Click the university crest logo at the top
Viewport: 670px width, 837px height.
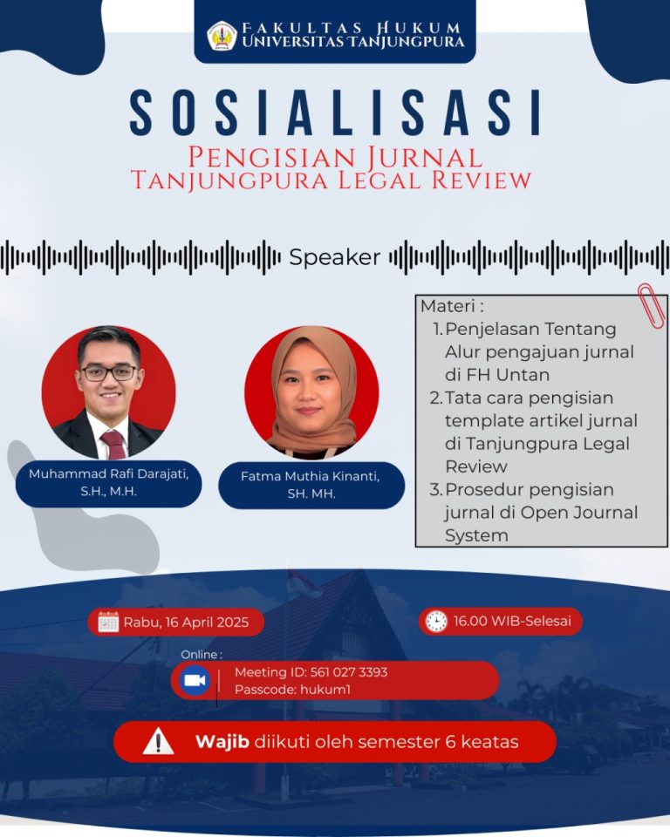[222, 36]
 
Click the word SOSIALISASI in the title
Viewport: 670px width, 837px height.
[335, 113]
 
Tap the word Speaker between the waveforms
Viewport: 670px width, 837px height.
[335, 257]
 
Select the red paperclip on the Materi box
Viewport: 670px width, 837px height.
[652, 305]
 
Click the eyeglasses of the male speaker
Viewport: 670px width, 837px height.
[109, 372]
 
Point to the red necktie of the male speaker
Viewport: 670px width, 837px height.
[114, 445]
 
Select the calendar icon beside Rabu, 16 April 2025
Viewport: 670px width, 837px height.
[108, 622]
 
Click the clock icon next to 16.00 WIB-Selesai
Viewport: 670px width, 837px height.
[436, 622]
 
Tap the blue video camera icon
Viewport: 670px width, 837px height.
[194, 681]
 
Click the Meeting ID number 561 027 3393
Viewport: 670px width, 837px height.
[349, 672]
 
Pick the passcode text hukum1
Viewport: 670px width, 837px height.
[325, 690]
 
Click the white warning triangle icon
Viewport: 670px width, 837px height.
[158, 742]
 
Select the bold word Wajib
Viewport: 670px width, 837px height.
[222, 742]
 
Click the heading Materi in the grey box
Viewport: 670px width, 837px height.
[448, 306]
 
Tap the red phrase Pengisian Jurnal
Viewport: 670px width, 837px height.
[335, 158]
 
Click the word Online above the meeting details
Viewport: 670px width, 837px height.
[199, 655]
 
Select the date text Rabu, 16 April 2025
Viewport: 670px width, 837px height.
[187, 623]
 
